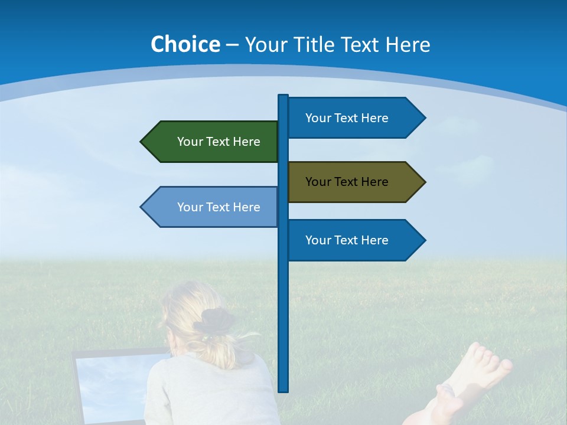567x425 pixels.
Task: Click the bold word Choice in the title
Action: (185, 44)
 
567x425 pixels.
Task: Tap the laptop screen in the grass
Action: (112, 384)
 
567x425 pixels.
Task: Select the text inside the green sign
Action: (219, 142)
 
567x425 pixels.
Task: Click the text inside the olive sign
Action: (347, 182)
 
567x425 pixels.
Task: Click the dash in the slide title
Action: (232, 45)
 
